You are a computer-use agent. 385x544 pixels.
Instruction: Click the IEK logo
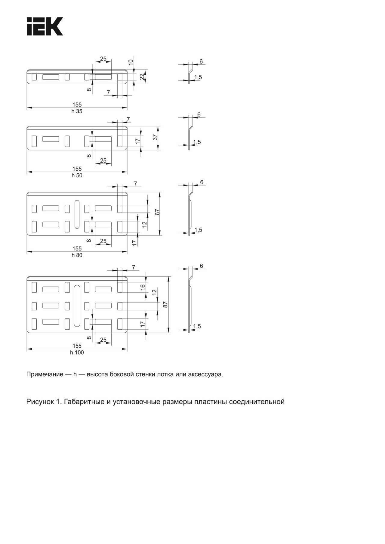pos(45,26)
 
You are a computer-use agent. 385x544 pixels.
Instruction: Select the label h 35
pos(77,111)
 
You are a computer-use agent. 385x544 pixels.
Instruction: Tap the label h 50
pos(77,176)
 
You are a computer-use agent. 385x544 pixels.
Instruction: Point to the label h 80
pos(77,255)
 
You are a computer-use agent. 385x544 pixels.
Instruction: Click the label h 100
pos(77,353)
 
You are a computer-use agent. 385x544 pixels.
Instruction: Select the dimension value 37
pos(155,137)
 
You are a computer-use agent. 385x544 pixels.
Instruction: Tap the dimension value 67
pos(157,212)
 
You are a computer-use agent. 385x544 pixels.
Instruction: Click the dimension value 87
pos(165,304)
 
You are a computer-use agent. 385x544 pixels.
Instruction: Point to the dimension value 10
pos(131,62)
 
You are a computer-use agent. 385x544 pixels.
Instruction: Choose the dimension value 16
pos(143,287)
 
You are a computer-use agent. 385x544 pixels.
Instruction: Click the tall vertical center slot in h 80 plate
pos(77,214)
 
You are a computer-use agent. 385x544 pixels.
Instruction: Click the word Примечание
pos(45,375)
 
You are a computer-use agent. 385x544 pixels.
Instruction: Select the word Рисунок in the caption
pos(40,402)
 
